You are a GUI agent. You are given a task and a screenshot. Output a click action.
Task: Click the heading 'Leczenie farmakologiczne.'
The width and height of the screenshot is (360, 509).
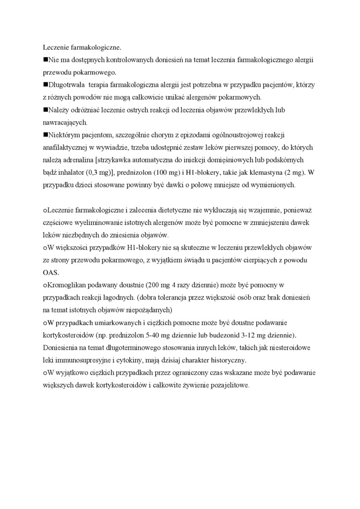click(82, 47)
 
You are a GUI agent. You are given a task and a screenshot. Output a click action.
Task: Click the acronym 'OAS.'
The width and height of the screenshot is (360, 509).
click(50, 273)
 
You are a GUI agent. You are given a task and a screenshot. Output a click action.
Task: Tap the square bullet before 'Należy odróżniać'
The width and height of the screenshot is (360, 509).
click(45, 110)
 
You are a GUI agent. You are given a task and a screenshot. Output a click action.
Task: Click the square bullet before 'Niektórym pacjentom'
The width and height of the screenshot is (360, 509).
click(45, 135)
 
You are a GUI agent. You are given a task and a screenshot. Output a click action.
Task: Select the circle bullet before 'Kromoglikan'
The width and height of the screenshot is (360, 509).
click(45, 286)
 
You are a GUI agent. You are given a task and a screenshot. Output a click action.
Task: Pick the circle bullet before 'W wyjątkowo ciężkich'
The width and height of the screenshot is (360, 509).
click(45, 373)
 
